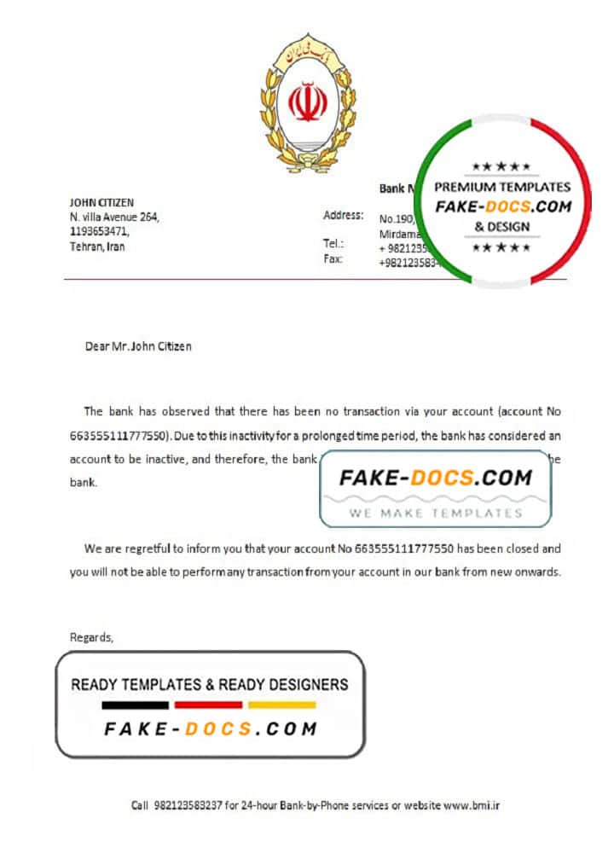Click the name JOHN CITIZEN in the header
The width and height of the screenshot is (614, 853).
click(x=101, y=202)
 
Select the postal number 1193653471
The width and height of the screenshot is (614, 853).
click(x=99, y=231)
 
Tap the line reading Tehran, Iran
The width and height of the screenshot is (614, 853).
click(x=97, y=247)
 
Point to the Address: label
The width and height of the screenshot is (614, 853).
click(x=343, y=216)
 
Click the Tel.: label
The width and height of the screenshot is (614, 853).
click(x=333, y=244)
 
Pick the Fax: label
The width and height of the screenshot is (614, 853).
click(x=333, y=258)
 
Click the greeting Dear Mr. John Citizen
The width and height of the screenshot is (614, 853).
click(x=138, y=346)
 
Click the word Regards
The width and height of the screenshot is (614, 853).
click(x=91, y=636)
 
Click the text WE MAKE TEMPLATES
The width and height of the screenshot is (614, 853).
click(x=435, y=513)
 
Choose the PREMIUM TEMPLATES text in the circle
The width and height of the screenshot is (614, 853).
click(x=502, y=187)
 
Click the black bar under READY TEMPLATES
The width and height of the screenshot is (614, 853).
click(x=135, y=705)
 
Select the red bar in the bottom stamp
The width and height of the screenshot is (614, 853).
click(x=208, y=705)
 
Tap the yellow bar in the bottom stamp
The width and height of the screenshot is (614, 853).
click(x=281, y=705)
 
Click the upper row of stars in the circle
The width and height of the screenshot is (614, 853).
click(x=501, y=166)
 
